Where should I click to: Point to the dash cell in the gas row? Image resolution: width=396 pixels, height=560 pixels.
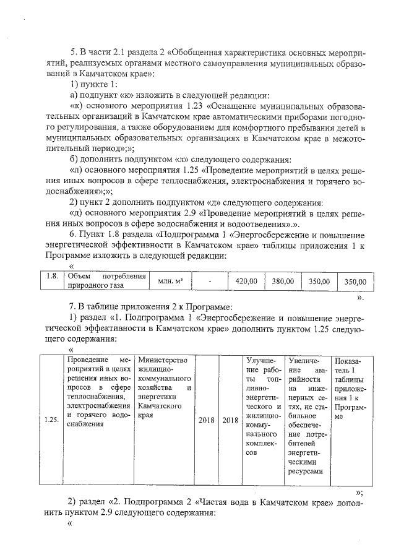click(210, 281)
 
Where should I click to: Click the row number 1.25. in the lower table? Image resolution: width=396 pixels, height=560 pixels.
click(52, 420)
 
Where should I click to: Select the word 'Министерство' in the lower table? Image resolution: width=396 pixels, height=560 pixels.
click(163, 360)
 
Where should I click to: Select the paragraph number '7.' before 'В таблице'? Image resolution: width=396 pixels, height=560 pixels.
click(73, 306)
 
